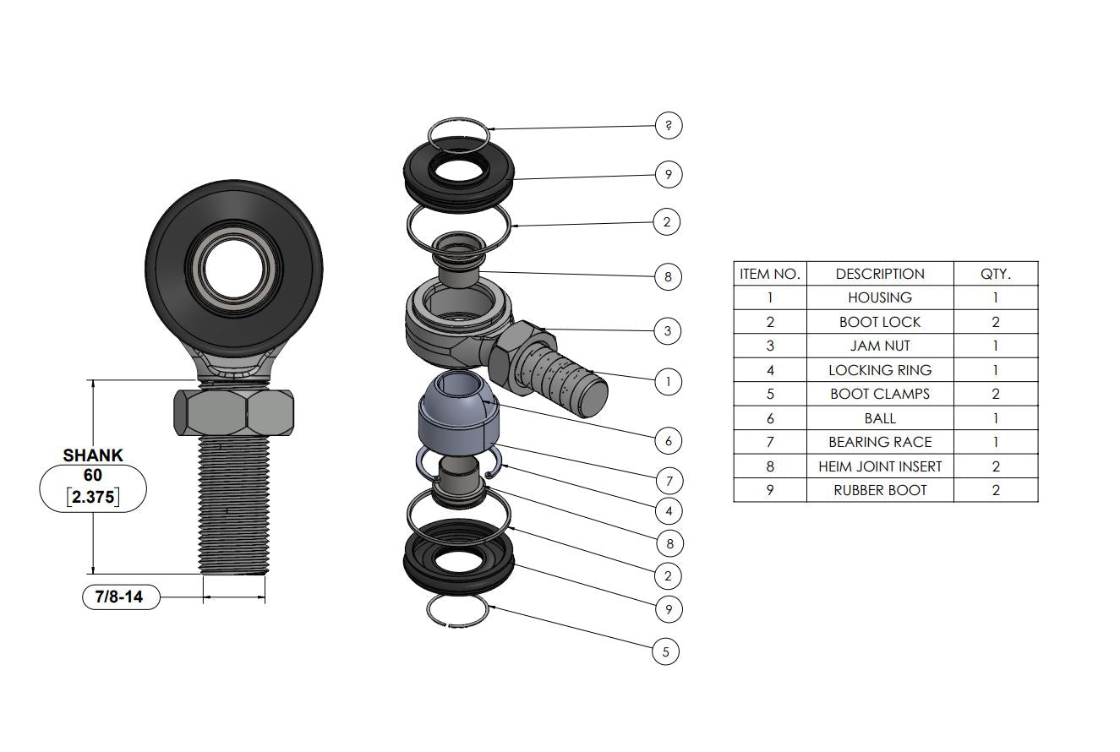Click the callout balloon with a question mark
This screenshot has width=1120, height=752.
pos(668,126)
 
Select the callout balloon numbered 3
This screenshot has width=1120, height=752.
pos(667,331)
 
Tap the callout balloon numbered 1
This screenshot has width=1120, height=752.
pos(668,382)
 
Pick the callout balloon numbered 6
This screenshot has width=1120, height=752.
pos(668,441)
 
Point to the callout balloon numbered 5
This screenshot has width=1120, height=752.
pos(665,651)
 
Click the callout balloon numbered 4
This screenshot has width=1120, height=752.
pos(668,511)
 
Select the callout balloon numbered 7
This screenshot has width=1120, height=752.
pos(668,482)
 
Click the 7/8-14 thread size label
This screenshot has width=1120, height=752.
pos(120,597)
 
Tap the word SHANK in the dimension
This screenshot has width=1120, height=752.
pos(93,455)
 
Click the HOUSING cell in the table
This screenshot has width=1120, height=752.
pos(880,297)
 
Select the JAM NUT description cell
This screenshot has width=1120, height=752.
pos(880,346)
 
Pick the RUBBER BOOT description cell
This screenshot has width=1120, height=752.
pos(880,490)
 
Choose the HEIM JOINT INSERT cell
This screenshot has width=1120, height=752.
pos(880,466)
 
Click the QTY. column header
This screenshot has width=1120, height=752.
pos(995,274)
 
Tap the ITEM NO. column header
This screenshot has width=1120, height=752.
pos(769,274)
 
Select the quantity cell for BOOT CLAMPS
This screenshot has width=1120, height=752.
pos(995,394)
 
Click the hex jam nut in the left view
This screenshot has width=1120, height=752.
pos(234,411)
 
